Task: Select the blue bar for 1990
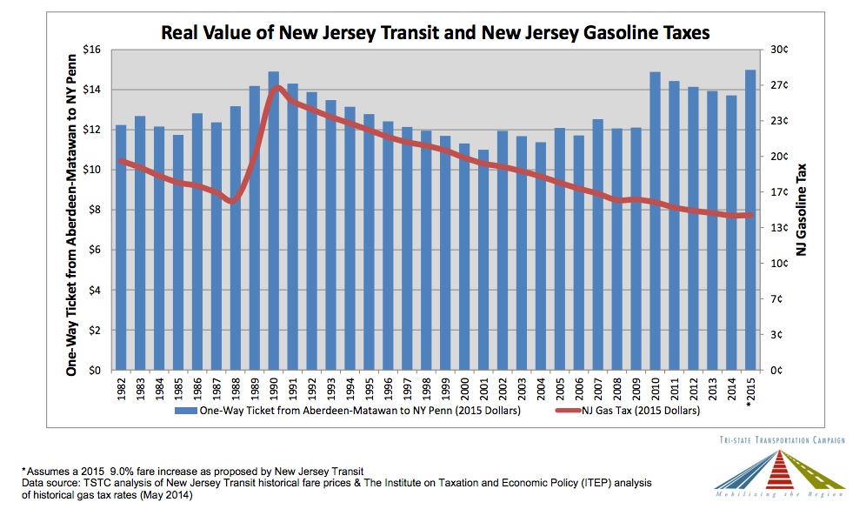coord(273,221)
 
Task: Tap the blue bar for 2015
coord(749,220)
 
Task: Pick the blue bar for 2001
coord(483,260)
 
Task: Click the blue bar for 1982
coord(121,248)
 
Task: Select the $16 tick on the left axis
coord(91,50)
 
